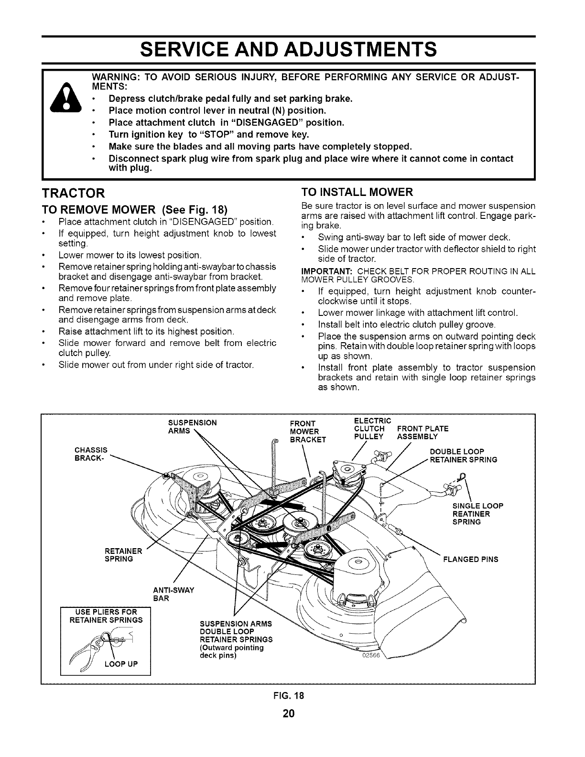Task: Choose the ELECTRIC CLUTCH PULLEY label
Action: tap(372, 428)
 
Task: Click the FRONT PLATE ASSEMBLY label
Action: tap(422, 432)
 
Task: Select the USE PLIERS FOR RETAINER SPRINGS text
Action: tap(106, 616)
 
